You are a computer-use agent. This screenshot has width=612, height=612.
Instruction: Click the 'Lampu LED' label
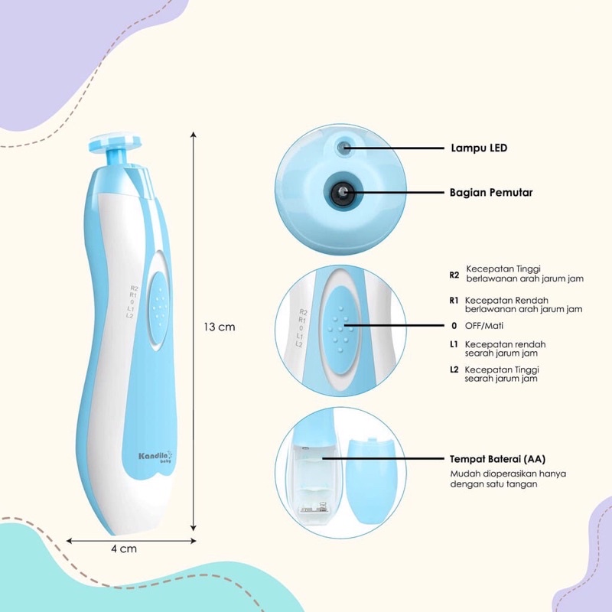click(x=478, y=148)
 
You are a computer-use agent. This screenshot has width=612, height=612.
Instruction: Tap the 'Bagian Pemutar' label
click(x=490, y=193)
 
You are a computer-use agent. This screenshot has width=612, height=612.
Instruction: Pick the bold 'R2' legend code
click(x=454, y=274)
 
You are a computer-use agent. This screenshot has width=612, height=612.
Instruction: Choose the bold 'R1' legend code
click(x=454, y=300)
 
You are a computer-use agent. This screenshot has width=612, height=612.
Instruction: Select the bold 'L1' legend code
click(x=454, y=345)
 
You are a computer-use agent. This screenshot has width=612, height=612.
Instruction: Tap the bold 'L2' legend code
click(x=454, y=370)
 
